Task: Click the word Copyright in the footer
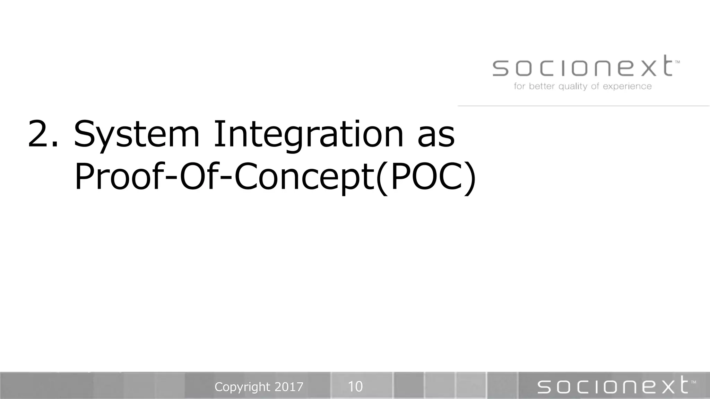point(242,387)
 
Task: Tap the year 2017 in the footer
point(289,387)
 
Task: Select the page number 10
point(355,387)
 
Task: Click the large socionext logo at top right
point(582,66)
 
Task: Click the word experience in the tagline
point(627,86)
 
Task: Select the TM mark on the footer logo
point(693,382)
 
